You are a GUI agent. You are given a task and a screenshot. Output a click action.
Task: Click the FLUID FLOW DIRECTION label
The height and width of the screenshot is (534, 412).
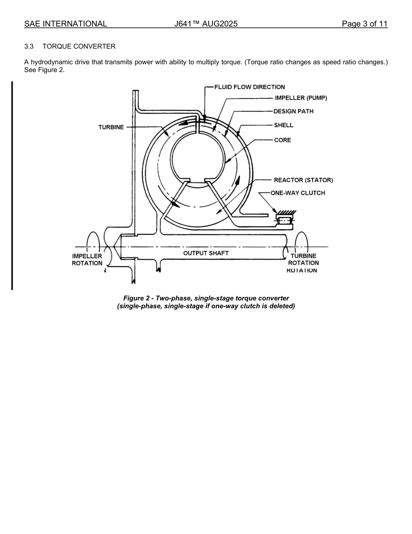pos(249,87)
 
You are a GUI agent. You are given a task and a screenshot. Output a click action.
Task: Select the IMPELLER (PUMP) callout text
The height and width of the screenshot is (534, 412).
pos(301,98)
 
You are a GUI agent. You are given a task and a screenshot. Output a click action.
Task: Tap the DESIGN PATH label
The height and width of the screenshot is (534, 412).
pos(293,111)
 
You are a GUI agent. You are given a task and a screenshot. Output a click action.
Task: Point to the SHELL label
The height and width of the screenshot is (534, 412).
pos(284,125)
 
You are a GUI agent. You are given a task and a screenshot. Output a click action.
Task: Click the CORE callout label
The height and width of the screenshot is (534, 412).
pos(282,140)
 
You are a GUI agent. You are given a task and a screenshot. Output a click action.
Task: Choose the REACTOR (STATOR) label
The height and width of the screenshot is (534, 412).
pos(303,180)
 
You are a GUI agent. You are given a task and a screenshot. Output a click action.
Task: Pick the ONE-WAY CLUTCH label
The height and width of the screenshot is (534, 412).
pos(298,193)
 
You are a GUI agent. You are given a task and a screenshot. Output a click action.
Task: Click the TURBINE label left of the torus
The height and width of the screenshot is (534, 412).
pos(111,127)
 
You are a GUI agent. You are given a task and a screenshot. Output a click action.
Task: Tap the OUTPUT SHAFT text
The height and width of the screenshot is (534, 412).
pos(206,253)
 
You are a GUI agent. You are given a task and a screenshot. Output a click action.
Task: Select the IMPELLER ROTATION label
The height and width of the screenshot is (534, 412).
pos(87,260)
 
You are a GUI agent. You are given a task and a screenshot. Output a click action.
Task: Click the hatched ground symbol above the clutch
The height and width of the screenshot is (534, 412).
pos(286,213)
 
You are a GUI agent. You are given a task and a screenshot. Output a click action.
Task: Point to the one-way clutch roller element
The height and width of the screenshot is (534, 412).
pos(284,221)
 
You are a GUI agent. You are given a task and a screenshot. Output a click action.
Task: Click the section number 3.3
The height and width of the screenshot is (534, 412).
pos(29,46)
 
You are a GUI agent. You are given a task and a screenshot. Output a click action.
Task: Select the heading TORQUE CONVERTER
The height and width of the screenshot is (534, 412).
pos(79,46)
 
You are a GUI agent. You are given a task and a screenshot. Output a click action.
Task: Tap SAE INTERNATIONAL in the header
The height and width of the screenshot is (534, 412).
pos(65,24)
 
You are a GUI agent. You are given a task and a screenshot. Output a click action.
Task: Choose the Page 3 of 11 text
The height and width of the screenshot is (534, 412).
pos(364,24)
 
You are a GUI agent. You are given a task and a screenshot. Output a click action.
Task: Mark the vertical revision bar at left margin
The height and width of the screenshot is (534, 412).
pos(12,185)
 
